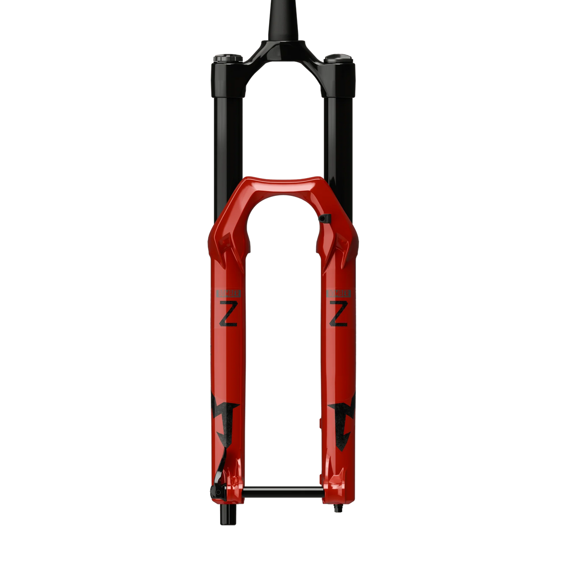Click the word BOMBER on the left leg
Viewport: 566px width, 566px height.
[228, 293]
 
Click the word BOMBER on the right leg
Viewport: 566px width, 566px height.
[338, 293]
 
